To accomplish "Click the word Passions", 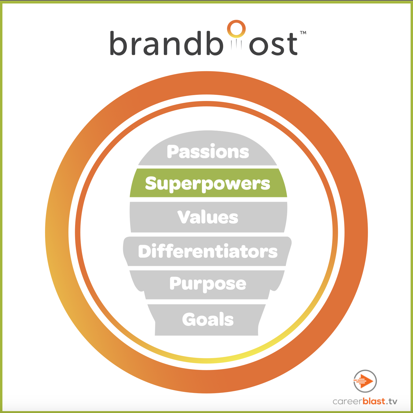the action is click(x=208, y=152).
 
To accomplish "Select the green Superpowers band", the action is click(x=208, y=183).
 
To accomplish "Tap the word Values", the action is click(x=208, y=217).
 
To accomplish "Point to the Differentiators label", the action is click(x=208, y=251).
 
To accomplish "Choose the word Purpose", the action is click(x=208, y=284).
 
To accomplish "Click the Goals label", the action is click(x=208, y=319).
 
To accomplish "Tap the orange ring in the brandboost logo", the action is click(x=236, y=28).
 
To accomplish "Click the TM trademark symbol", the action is click(x=303, y=33).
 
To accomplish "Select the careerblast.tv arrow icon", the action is click(x=365, y=381).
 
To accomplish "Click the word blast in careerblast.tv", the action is click(x=374, y=401).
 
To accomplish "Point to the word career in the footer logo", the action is click(x=348, y=401).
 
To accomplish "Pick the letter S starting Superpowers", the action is click(x=151, y=183).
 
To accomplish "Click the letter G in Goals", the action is click(x=190, y=319).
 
